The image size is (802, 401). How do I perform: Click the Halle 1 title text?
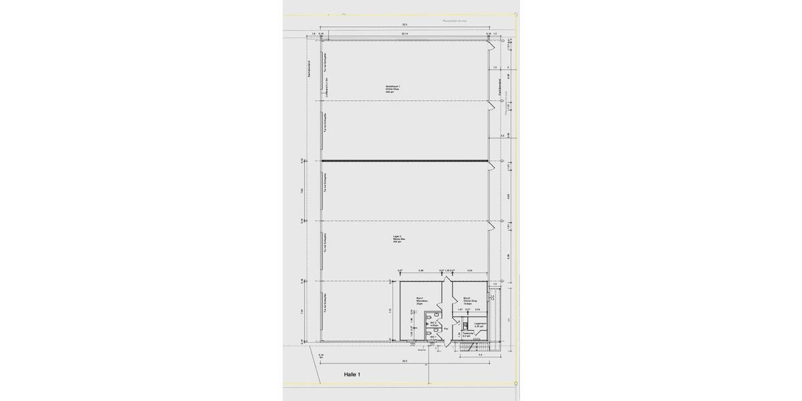tap(352, 375)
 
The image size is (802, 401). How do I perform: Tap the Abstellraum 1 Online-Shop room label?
tap(393, 89)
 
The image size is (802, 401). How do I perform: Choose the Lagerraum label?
tap(479, 325)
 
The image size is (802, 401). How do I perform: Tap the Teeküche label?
tap(468, 333)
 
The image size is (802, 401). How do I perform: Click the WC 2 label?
tap(434, 325)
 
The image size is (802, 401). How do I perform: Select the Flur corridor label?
tap(446, 329)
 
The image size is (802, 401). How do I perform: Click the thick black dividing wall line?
tap(404, 160)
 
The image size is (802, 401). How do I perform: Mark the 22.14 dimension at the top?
tap(405, 33)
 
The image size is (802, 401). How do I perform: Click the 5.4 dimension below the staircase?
tap(481, 355)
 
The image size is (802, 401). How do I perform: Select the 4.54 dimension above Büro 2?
tap(470, 271)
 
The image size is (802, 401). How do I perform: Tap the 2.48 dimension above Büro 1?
tap(421, 271)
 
